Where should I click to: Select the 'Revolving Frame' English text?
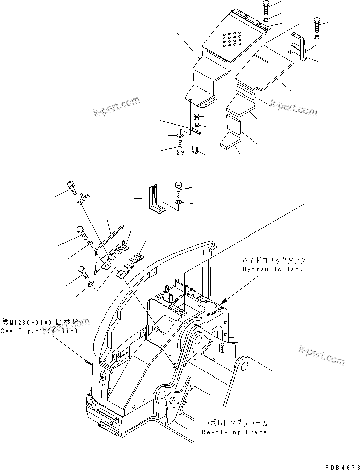[235, 432]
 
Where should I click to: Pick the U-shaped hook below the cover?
[196, 148]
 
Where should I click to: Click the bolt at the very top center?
[266, 8]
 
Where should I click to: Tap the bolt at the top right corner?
[316, 23]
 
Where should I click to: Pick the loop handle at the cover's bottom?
[206, 103]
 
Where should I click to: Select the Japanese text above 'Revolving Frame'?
[235, 422]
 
